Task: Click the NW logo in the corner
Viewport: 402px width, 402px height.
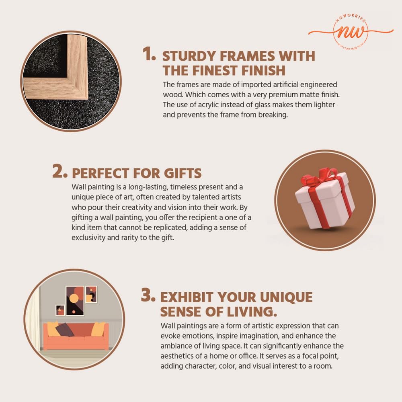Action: point(351,31)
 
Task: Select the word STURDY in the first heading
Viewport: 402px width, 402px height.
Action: point(189,56)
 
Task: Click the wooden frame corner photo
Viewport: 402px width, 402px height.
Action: point(71,81)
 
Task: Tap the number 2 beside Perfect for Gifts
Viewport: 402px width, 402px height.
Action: point(60,171)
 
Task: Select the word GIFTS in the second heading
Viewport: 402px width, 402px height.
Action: point(183,173)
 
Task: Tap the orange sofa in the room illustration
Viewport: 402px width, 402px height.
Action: point(76,336)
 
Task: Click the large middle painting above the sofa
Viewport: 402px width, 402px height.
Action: point(75,300)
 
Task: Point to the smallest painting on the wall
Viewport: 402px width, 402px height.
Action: point(60,310)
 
